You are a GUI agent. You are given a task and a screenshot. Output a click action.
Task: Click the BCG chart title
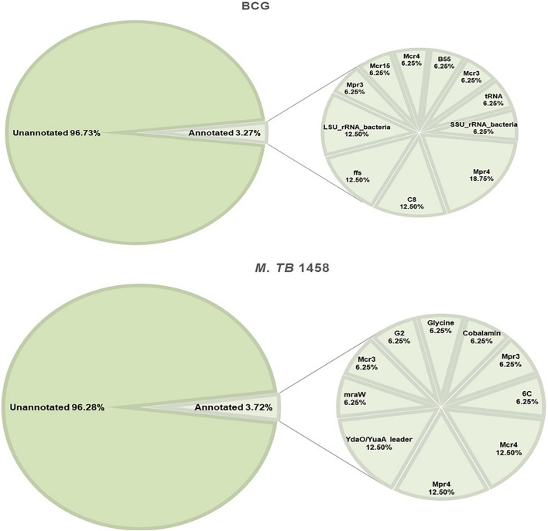tap(273, 9)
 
